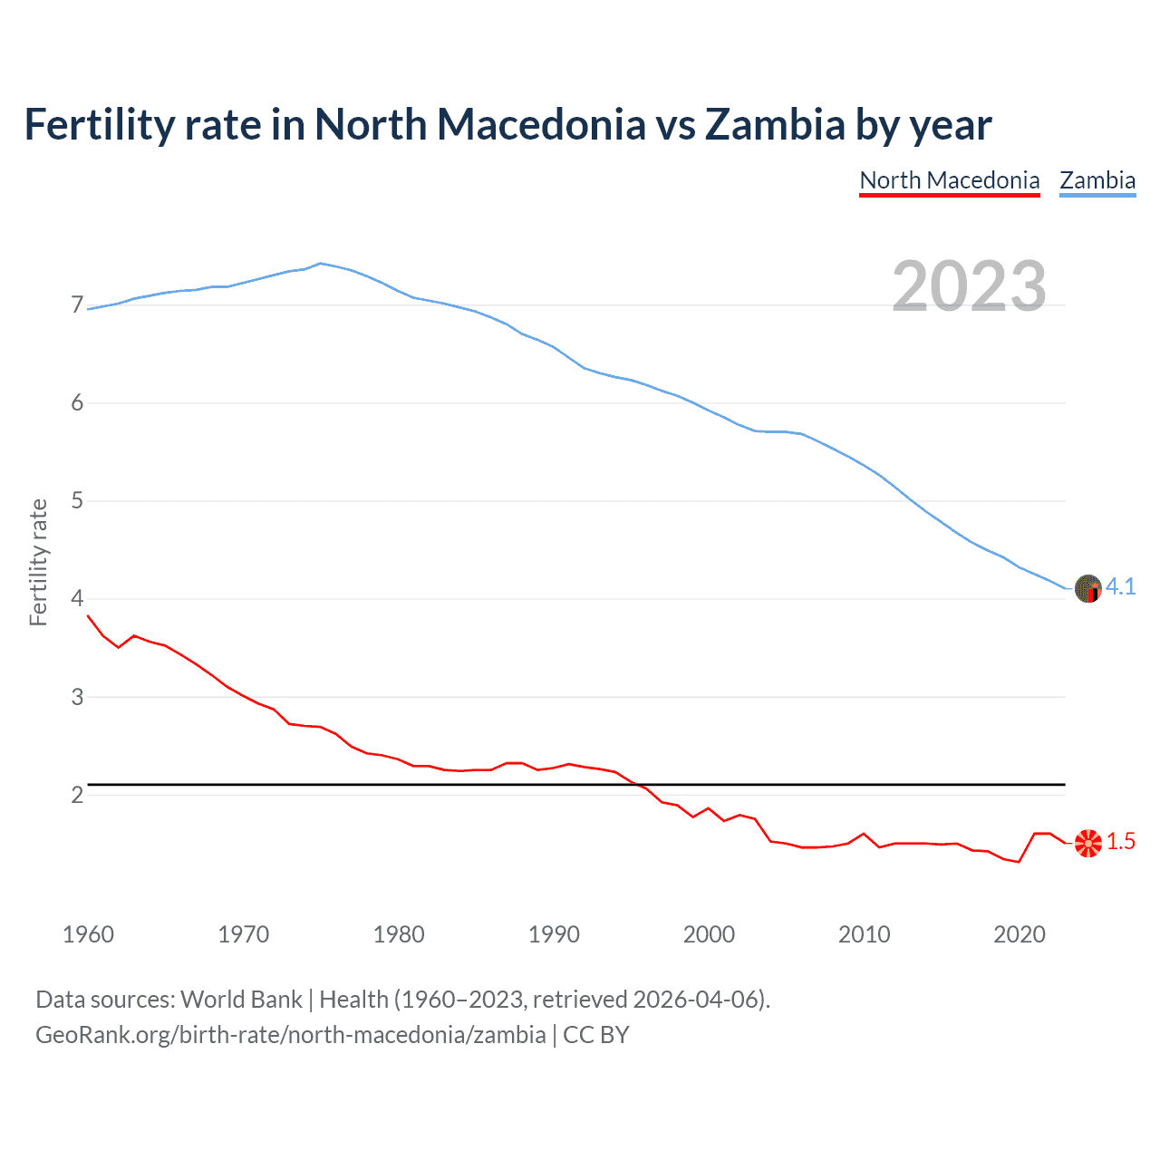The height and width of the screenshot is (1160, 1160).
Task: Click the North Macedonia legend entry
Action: tap(949, 180)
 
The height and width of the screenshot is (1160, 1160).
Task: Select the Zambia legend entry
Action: tap(1097, 180)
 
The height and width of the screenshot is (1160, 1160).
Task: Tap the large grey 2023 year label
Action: tap(969, 286)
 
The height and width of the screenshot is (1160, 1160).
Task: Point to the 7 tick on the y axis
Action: tap(77, 305)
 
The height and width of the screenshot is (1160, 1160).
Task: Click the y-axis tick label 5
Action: tap(77, 500)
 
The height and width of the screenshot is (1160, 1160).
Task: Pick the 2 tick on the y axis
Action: tap(77, 795)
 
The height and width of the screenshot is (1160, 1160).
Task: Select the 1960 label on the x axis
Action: tap(88, 934)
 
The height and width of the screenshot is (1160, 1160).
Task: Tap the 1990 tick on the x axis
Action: tap(554, 934)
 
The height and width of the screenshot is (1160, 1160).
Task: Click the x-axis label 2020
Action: tap(1020, 934)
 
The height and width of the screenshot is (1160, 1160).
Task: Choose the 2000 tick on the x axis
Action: tap(709, 934)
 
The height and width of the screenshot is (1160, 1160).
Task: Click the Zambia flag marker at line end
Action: tap(1087, 589)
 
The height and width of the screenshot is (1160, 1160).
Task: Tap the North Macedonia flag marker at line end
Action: tap(1087, 843)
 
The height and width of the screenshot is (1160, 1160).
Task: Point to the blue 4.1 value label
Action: tap(1121, 587)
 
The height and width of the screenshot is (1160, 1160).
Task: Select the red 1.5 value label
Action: tap(1121, 842)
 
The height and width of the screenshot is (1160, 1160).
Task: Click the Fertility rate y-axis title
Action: tap(38, 562)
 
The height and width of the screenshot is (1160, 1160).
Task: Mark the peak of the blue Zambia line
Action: tap(321, 264)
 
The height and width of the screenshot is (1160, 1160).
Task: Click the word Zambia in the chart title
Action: tap(775, 124)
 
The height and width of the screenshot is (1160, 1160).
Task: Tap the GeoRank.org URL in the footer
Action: tap(290, 1035)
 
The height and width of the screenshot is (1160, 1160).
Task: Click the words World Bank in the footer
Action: tap(241, 1000)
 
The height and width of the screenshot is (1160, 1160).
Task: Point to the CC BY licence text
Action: tap(596, 1035)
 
